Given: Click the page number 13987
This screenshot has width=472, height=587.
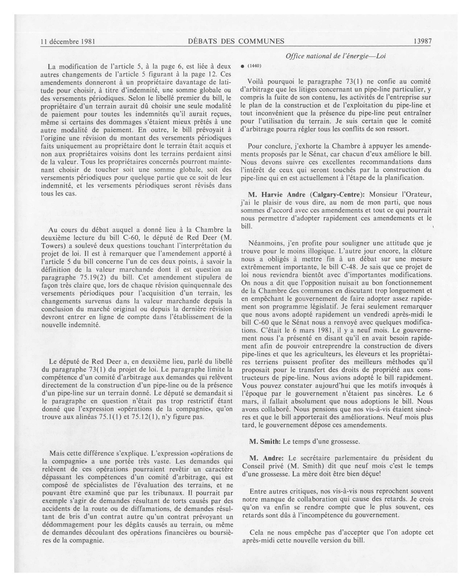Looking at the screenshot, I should coord(422,41).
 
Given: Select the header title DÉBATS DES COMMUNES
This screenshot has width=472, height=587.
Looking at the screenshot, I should coord(236,41).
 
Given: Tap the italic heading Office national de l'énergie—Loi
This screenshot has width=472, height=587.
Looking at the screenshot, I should coord(335,56).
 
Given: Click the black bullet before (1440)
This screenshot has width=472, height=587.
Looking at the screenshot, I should coord(242,66).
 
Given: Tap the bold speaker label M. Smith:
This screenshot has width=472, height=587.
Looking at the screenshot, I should coord(265,441).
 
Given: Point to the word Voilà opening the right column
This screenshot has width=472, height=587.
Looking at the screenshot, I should coord(257,81).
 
